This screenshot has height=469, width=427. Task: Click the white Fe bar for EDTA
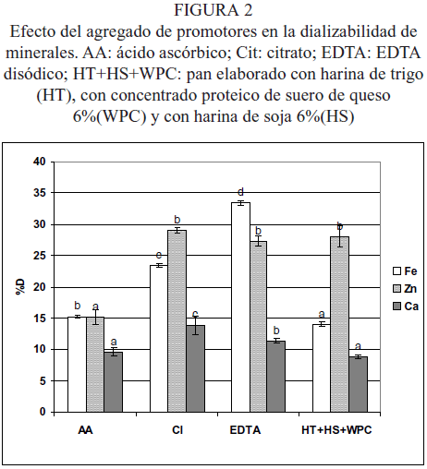[x=240, y=307]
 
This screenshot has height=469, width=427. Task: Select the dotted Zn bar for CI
[x=177, y=321]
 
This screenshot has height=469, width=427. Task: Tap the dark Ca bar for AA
[x=114, y=382]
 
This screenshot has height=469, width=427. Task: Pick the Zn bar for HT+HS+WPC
[x=339, y=324]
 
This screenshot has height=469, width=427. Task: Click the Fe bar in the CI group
[x=159, y=339]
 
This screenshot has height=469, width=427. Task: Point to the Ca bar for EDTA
[x=276, y=377]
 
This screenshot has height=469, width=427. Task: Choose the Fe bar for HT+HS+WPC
[x=322, y=368]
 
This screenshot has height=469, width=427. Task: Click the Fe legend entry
[x=405, y=271]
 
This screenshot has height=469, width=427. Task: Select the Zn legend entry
[x=405, y=289]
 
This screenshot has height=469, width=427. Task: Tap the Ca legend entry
[x=406, y=307]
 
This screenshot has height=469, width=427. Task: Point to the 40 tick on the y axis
[x=39, y=162]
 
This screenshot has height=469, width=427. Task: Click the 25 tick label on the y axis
[x=39, y=256]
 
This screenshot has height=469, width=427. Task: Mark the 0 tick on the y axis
[x=43, y=412]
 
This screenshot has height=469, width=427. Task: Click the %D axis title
[x=21, y=287]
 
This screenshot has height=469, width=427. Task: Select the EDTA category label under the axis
[x=245, y=430]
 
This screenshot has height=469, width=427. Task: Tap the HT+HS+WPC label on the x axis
[x=336, y=430]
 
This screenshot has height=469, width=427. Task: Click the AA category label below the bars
[x=85, y=430]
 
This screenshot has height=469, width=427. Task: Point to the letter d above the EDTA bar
[x=241, y=192]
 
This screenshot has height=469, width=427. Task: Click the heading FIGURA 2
[x=213, y=10]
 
